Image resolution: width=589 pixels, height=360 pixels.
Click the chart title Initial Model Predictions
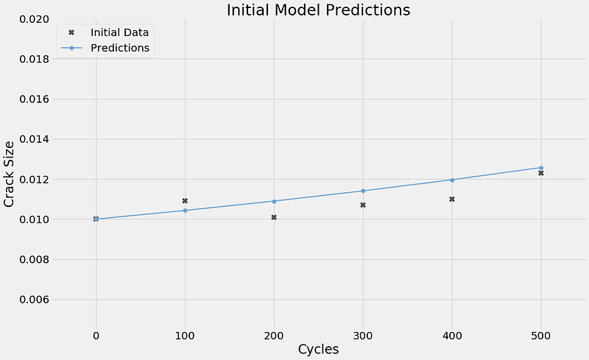[318, 10]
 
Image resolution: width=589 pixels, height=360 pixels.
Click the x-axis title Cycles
[318, 349]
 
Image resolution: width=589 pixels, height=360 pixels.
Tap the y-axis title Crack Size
[9, 174]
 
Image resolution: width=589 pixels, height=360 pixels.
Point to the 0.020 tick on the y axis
[34, 19]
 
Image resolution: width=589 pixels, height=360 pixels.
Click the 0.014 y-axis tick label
[34, 139]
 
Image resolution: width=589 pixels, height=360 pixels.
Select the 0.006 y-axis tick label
[34, 300]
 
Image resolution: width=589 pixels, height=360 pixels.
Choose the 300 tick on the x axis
[363, 336]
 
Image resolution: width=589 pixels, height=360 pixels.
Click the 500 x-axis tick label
[541, 336]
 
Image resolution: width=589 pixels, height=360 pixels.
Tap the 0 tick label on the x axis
[96, 336]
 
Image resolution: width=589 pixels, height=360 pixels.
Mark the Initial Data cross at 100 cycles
[185, 201]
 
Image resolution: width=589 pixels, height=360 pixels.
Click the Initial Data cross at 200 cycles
[274, 217]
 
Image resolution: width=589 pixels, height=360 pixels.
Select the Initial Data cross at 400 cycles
[452, 200]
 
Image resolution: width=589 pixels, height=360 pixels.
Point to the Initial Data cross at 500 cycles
[541, 173]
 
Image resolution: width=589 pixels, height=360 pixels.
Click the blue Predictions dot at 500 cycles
[541, 168]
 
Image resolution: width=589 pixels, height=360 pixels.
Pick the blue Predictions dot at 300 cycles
[363, 191]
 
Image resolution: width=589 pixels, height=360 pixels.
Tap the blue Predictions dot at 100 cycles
[185, 211]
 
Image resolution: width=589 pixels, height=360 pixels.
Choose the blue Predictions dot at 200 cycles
[274, 202]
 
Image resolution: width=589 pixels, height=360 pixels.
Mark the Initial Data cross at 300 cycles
[363, 205]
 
